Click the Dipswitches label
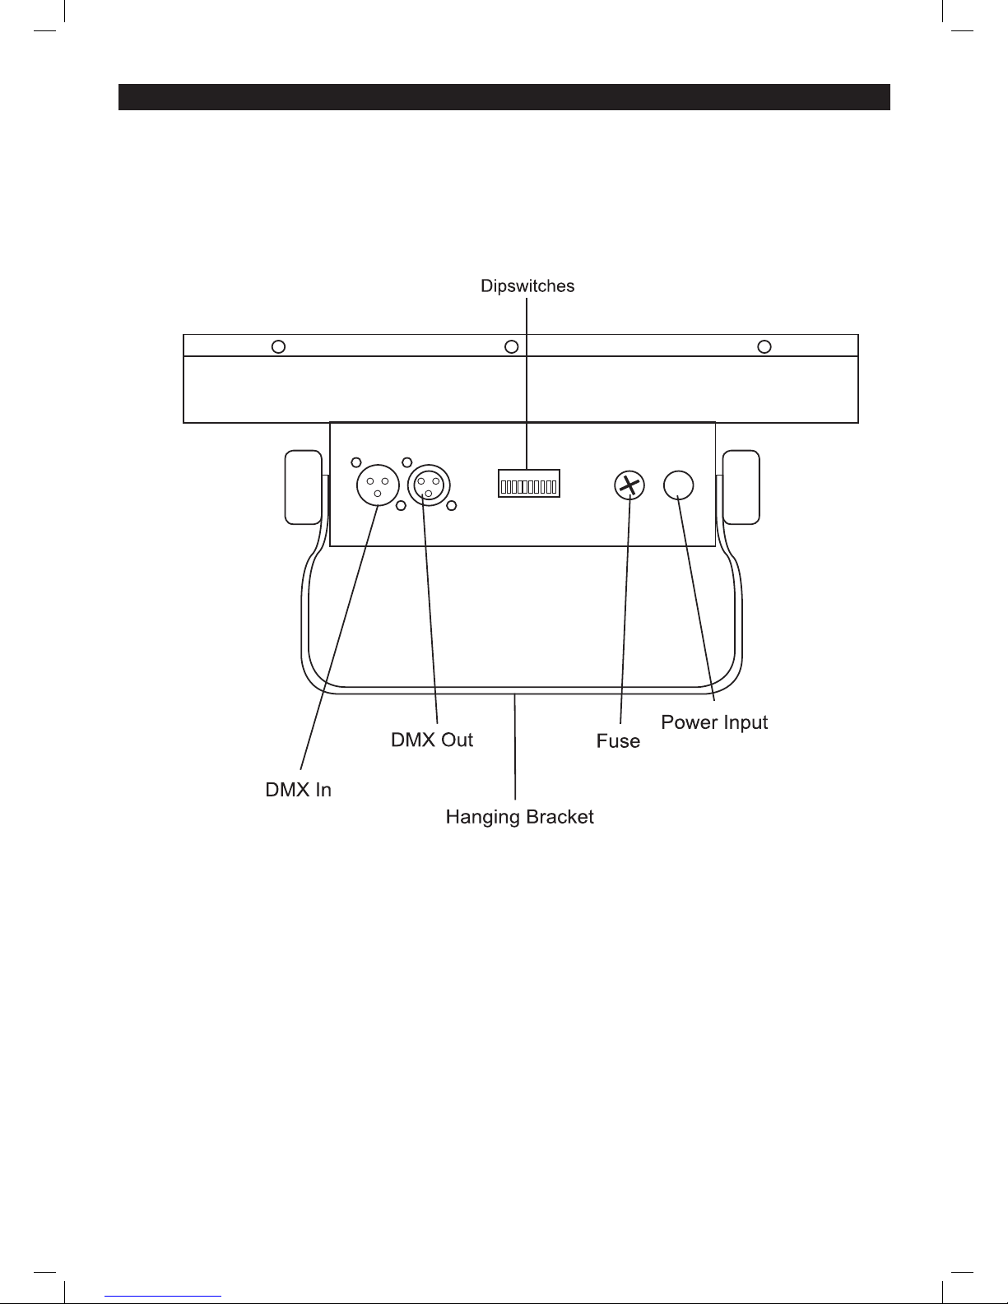[x=527, y=286]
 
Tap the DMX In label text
[x=298, y=790]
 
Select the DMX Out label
[x=432, y=740]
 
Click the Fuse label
[x=618, y=741]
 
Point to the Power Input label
[x=714, y=722]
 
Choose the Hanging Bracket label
[x=519, y=817]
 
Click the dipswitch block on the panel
[x=528, y=484]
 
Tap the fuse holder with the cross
[x=629, y=485]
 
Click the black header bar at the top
[x=504, y=97]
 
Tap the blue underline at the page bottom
[x=163, y=1297]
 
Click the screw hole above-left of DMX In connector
[x=355, y=462]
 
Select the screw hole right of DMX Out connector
[x=452, y=506]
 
